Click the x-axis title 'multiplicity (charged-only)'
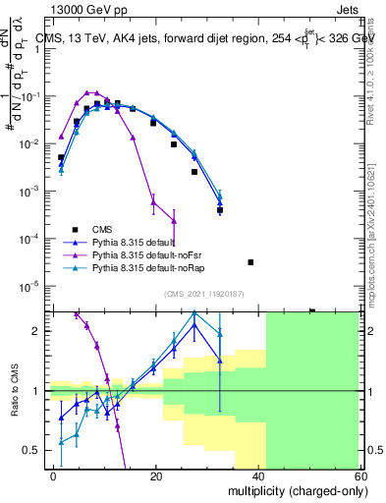(x=294, y=490)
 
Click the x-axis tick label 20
(x=156, y=475)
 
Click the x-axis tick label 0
(x=54, y=475)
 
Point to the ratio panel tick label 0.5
(x=32, y=450)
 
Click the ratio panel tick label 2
(x=37, y=331)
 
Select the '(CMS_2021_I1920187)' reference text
(x=203, y=293)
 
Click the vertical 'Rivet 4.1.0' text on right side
(x=370, y=79)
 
